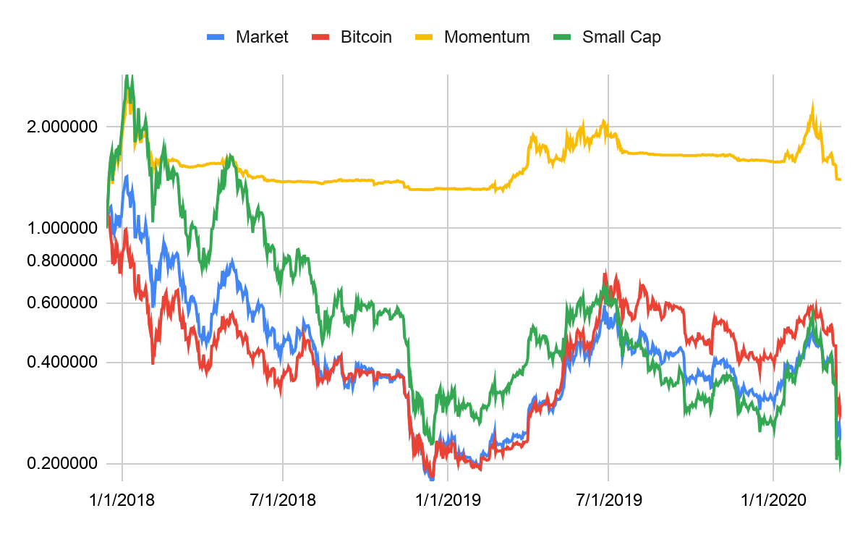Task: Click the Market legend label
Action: coord(262,37)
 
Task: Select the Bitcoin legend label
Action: coord(366,37)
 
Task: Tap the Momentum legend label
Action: coord(487,37)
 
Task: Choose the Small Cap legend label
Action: coord(621,37)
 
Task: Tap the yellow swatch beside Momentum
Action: coord(424,37)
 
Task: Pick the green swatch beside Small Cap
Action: coord(562,37)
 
